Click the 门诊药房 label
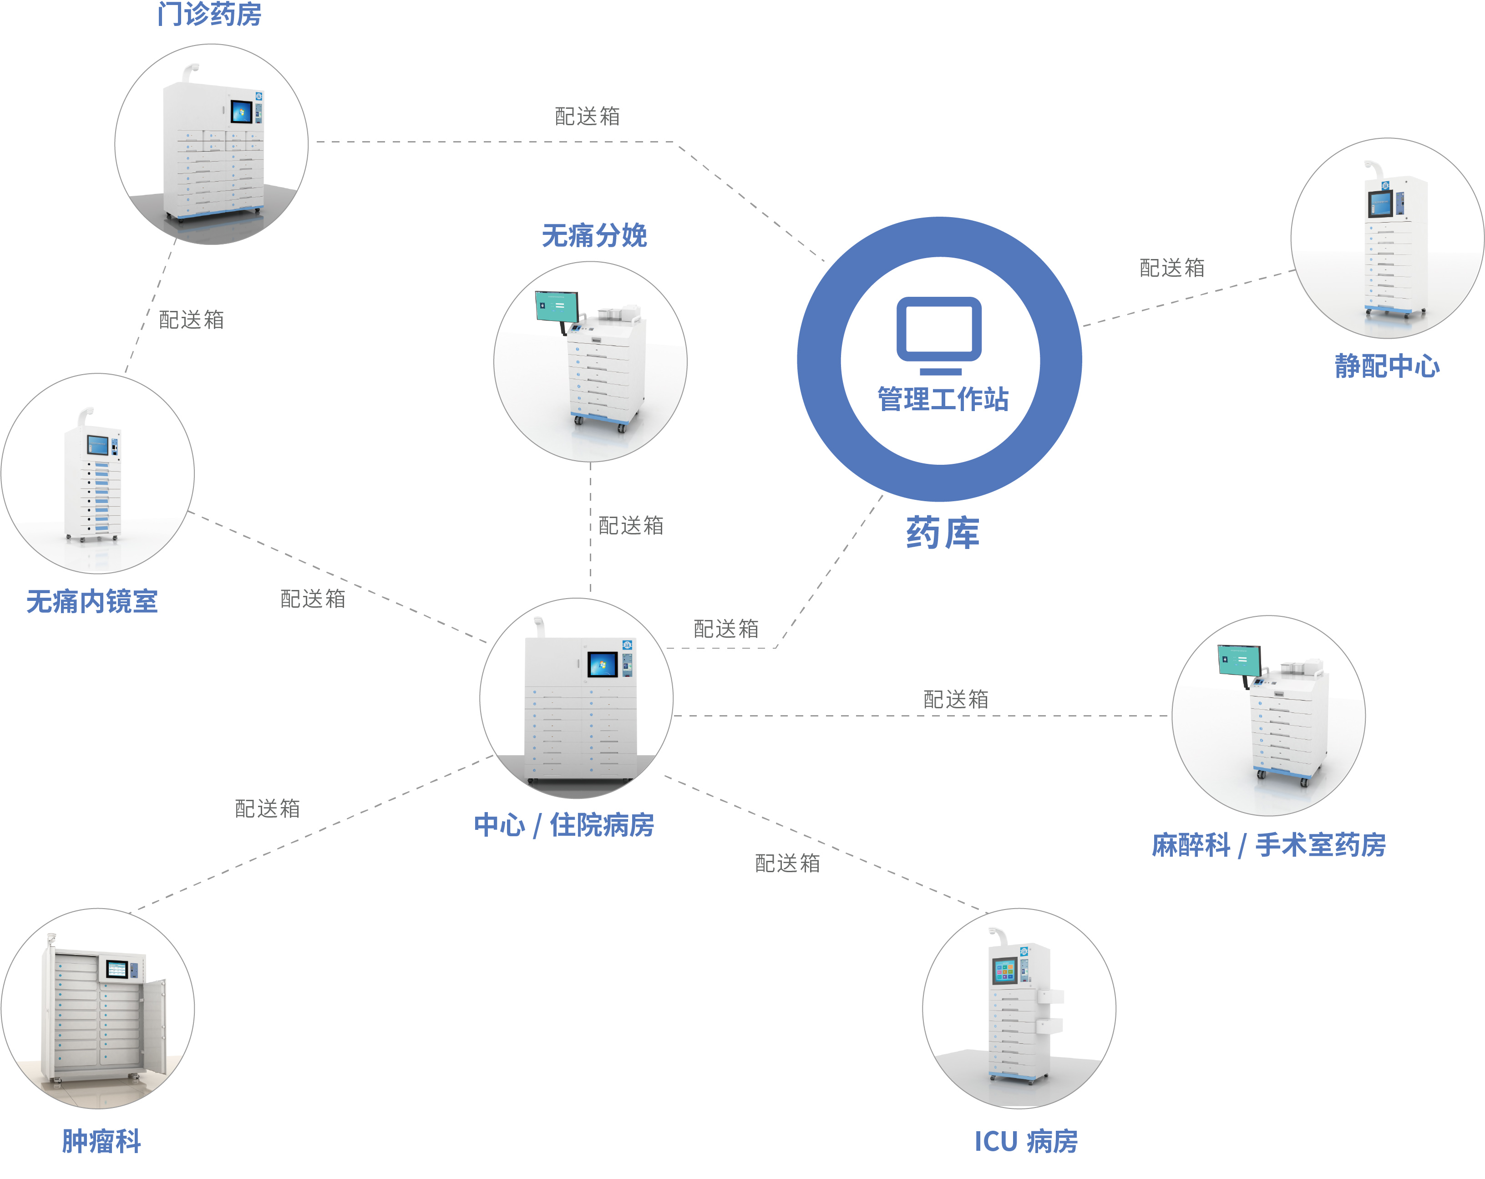[209, 13]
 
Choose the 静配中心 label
[1387, 366]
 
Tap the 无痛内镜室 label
[92, 601]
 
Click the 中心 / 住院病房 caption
[564, 825]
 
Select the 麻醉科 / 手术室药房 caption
[1269, 845]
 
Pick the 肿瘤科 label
[101, 1141]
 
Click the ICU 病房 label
[1026, 1142]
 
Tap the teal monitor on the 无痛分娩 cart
[557, 306]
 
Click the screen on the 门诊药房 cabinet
[241, 112]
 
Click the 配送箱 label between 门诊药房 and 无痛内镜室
[192, 320]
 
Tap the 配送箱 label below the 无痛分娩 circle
[631, 525]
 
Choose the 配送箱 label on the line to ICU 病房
[787, 863]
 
